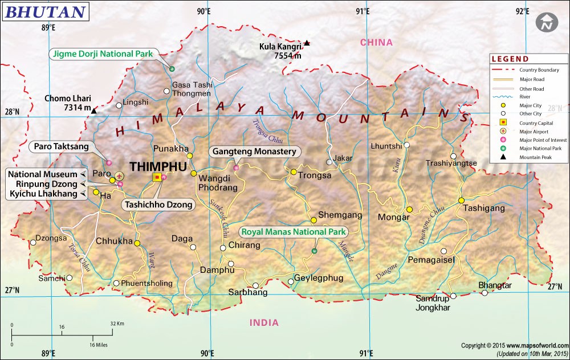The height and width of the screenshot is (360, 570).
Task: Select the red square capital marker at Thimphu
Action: [157, 178]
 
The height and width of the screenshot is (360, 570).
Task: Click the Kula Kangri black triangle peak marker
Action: [307, 43]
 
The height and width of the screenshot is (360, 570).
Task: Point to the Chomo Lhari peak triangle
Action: [94, 111]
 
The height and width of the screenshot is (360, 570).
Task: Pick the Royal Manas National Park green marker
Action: [314, 251]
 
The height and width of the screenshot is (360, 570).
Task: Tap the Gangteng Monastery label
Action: [255, 152]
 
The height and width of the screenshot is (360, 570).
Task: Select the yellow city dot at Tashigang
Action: [461, 200]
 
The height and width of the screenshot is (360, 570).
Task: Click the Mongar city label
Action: [390, 217]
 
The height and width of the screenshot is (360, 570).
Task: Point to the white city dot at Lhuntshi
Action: [407, 145]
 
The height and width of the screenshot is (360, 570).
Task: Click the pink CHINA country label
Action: [376, 42]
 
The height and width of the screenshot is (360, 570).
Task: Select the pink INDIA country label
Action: [264, 322]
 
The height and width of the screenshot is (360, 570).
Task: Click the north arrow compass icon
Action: [546, 23]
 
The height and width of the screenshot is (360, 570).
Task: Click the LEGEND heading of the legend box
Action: [510, 59]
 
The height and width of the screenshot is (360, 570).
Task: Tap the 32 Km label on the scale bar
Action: [117, 324]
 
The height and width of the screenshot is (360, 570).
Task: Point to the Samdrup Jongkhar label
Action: [433, 303]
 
